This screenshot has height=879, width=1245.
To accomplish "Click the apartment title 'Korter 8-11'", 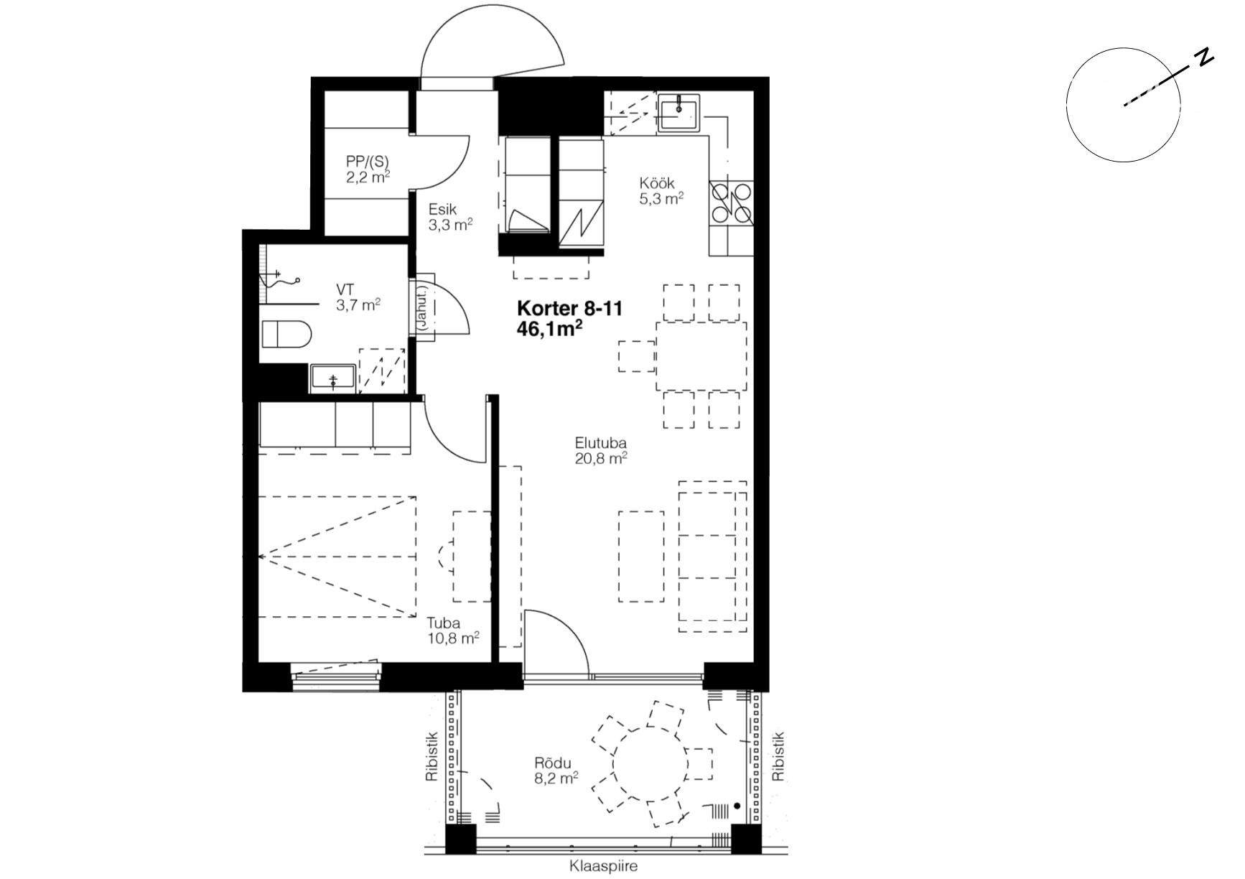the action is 569,309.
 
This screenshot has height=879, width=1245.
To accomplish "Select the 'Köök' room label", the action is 657,183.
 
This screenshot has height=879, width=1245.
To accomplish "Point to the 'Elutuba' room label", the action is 600,443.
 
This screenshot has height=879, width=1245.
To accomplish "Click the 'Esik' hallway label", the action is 443,210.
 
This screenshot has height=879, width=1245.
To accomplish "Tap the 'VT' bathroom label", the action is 345,289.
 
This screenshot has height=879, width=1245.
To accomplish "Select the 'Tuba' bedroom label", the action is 443,623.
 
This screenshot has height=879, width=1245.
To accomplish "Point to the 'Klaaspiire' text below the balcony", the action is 603,866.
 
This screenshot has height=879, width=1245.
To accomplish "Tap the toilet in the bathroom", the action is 285,335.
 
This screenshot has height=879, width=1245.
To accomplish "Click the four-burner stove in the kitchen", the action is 731,203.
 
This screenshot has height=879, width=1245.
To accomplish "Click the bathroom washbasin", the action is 333,378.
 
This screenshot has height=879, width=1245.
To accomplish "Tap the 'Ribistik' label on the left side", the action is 432,757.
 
